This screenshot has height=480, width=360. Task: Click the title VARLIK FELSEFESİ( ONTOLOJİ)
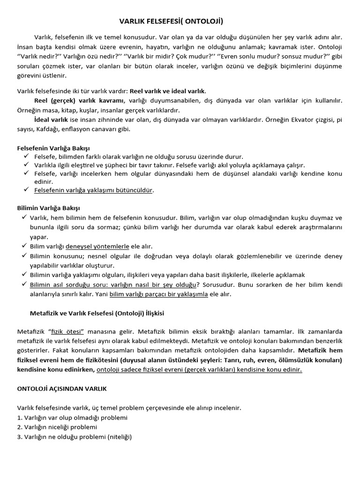pyautogui.click(x=171, y=21)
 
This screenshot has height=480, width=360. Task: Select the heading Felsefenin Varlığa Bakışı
pyautogui.click(x=53, y=148)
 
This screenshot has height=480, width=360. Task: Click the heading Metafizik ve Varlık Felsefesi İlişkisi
pyautogui.click(x=97, y=313)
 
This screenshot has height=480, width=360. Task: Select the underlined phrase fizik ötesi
pyautogui.click(x=67, y=332)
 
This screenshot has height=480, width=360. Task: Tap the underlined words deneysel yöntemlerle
pyautogui.click(x=97, y=246)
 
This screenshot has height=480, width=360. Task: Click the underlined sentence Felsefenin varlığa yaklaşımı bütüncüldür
pyautogui.click(x=94, y=190)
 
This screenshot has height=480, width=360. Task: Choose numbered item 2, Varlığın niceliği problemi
pyautogui.click(x=57, y=427)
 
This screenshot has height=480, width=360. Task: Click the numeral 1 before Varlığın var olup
pyautogui.click(x=19, y=418)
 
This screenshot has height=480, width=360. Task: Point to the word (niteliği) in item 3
pyautogui.click(x=120, y=437)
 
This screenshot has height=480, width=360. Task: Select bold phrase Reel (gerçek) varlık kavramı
pyautogui.click(x=79, y=101)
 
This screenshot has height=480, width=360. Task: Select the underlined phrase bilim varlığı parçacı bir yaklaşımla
pyautogui.click(x=158, y=294)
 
